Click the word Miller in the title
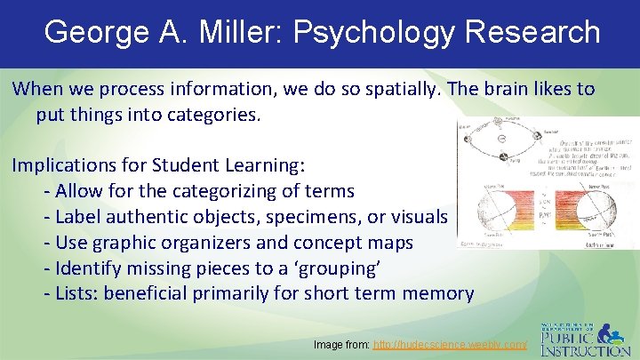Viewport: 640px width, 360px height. pyautogui.click(x=233, y=33)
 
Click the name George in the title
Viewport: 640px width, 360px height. pyautogui.click(x=97, y=33)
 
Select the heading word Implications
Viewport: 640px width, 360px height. pyautogui.click(x=68, y=166)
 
